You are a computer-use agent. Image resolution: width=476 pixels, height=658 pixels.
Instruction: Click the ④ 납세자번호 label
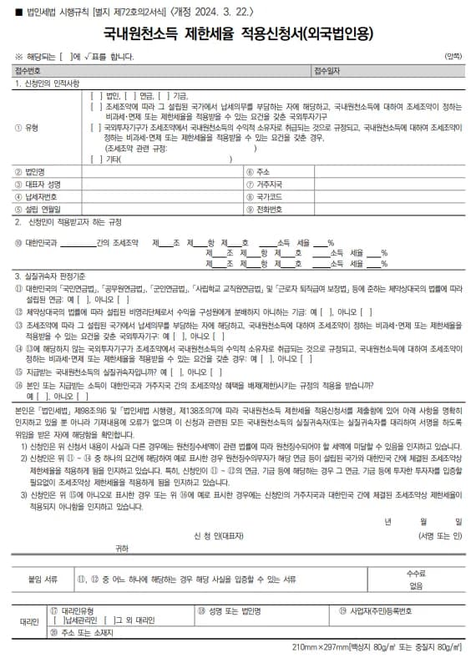point(39,196)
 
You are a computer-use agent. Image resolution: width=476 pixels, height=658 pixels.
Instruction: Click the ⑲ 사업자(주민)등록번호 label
point(377,610)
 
